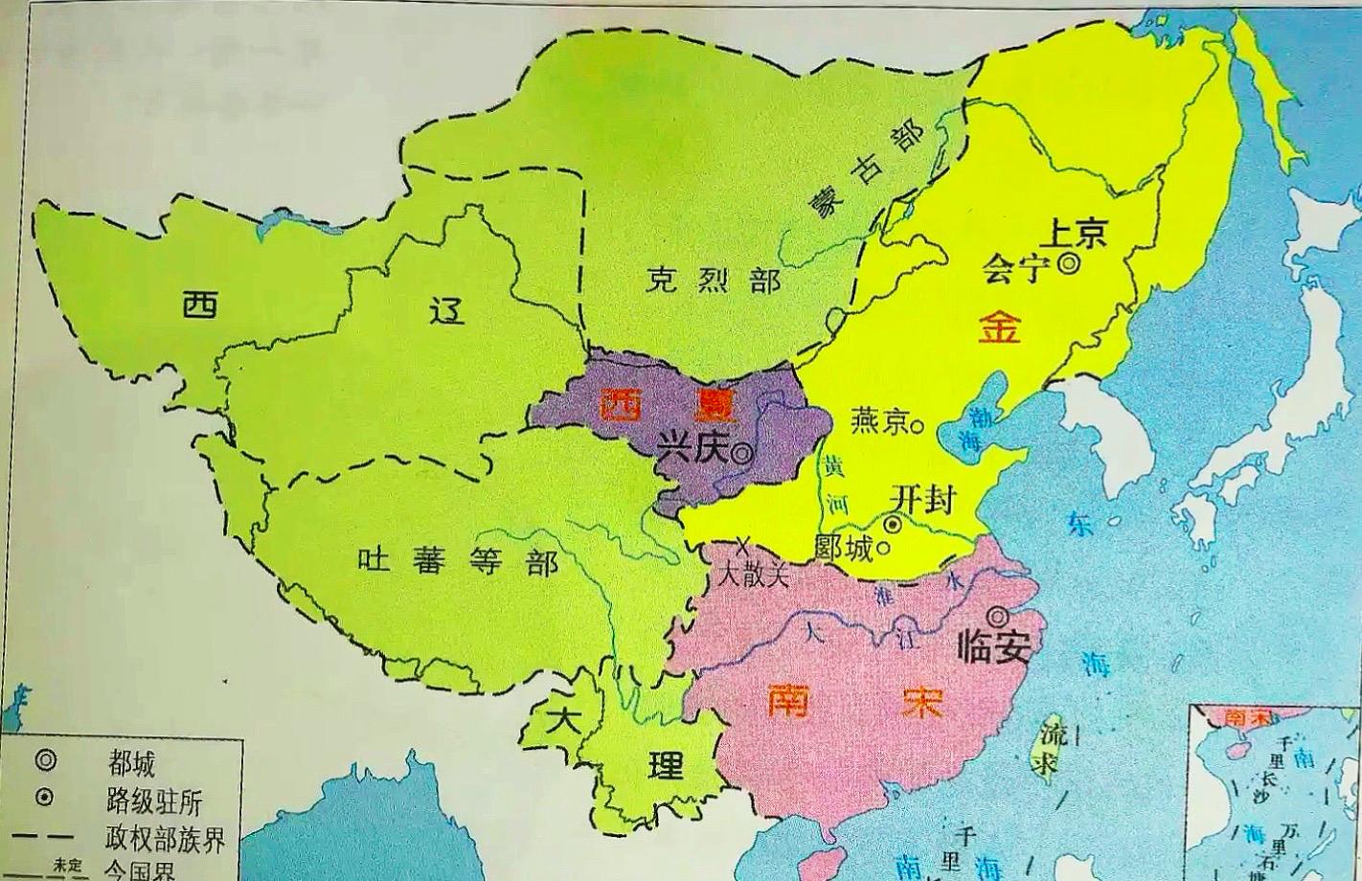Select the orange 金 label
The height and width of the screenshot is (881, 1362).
[1000, 328]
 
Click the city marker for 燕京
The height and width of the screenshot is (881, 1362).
[919, 424]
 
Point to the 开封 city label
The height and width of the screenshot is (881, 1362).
[921, 498]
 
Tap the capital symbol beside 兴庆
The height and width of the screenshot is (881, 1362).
[741, 454]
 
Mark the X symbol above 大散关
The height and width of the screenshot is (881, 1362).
[742, 546]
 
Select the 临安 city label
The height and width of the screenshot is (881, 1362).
[994, 648]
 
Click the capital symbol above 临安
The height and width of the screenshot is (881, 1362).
[998, 615]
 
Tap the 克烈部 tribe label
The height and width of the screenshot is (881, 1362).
[712, 281]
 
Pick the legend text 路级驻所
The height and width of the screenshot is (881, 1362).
[154, 802]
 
